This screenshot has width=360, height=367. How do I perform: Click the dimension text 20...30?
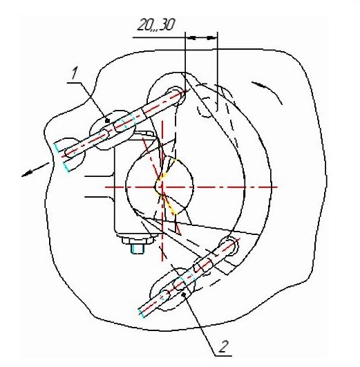156,26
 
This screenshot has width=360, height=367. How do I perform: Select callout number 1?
75,73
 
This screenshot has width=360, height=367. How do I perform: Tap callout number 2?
223,347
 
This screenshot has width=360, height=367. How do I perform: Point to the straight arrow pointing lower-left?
35,169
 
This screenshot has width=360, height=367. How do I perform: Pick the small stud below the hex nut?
138,249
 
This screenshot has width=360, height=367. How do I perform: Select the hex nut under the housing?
138,241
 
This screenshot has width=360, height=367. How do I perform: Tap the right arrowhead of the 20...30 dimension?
212,37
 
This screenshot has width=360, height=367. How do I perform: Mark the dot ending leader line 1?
107,121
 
